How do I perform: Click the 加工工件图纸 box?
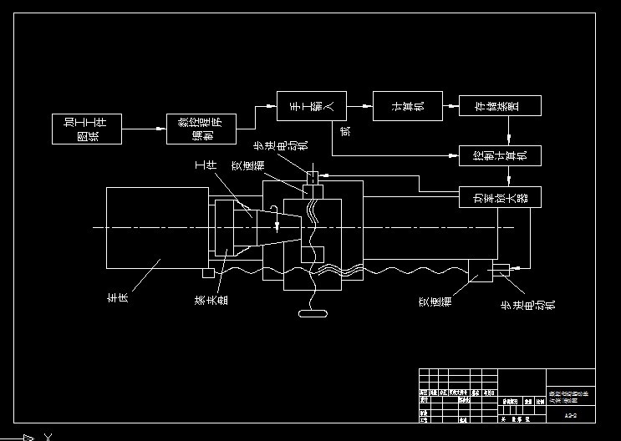click(x=87, y=129)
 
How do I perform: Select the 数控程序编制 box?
click(x=201, y=129)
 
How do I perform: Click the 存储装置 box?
click(x=500, y=105)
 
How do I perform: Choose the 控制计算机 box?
click(x=500, y=155)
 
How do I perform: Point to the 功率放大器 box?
click(x=500, y=197)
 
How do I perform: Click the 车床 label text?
click(x=116, y=297)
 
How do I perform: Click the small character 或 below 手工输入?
click(x=346, y=129)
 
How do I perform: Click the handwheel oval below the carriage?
click(x=312, y=315)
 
